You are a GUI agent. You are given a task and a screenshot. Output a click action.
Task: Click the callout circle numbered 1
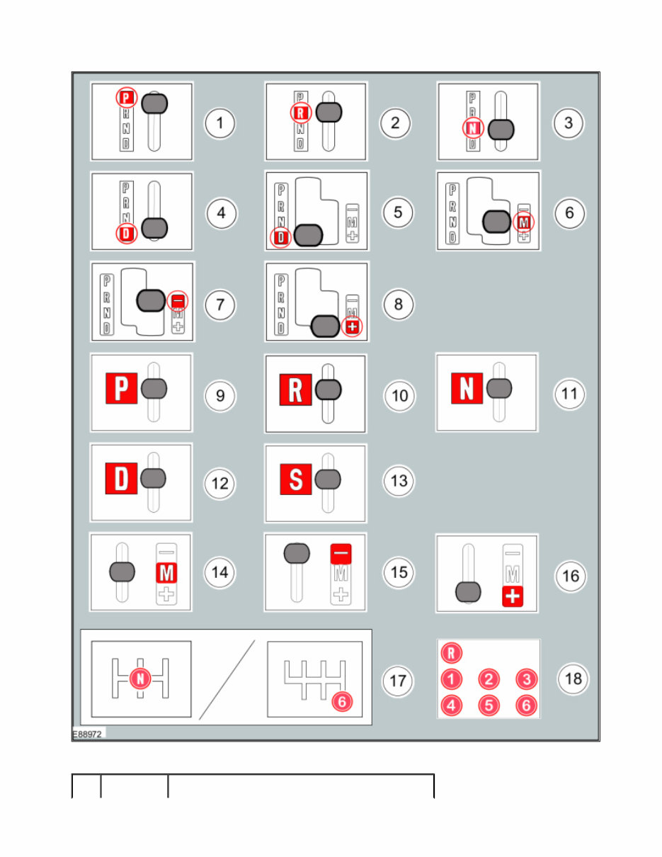(x=220, y=123)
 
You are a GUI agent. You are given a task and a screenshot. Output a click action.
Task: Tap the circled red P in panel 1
(x=126, y=98)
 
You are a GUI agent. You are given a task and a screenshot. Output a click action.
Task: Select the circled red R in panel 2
(x=300, y=112)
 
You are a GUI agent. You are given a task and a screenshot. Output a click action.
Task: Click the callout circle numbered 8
(x=399, y=305)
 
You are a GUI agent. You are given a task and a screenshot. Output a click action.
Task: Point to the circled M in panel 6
(x=523, y=222)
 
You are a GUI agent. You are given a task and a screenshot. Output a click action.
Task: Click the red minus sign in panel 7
(x=178, y=302)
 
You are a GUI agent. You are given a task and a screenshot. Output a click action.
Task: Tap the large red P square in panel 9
(x=121, y=390)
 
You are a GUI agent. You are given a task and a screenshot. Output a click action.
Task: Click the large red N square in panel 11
(x=467, y=389)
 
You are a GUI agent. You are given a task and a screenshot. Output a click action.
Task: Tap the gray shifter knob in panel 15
(x=297, y=553)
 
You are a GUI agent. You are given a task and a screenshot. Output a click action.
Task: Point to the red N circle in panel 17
(x=140, y=679)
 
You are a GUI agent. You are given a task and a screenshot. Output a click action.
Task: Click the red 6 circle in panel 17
(x=342, y=701)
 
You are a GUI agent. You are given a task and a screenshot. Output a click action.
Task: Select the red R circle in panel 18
(x=451, y=652)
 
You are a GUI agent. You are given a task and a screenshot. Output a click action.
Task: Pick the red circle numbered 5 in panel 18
(x=489, y=705)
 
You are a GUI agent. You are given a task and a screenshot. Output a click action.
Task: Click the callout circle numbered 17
(x=398, y=682)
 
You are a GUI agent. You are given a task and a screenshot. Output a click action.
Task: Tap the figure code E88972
(x=88, y=735)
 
